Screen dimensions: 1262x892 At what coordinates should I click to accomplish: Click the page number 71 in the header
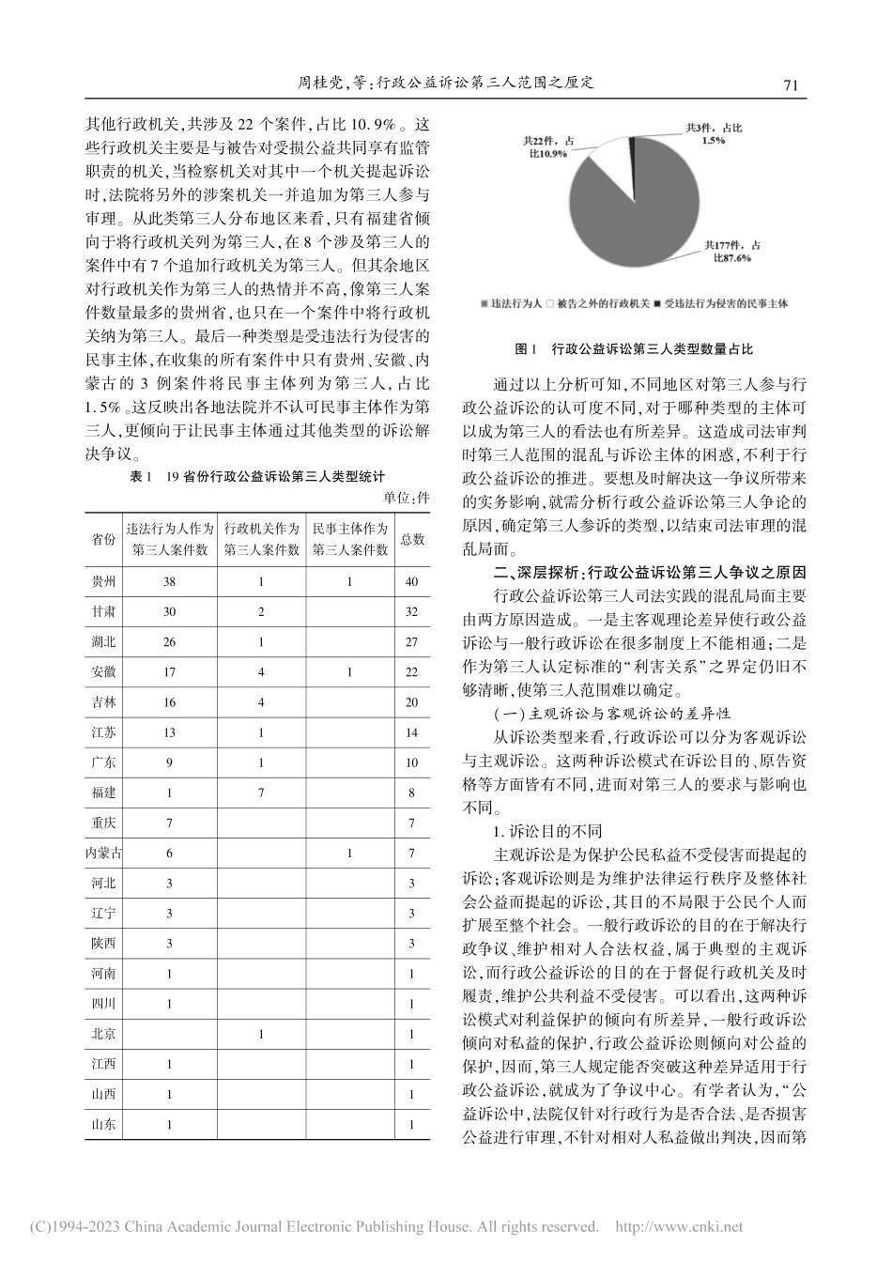790,85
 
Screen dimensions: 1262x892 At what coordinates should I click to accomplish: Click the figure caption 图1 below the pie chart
635,348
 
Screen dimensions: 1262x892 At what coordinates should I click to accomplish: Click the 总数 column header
412,540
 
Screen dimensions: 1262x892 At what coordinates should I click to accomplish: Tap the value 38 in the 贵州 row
169,582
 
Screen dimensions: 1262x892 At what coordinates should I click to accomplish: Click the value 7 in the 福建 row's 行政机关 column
261,793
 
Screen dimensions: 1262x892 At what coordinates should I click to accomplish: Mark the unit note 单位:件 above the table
407,498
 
